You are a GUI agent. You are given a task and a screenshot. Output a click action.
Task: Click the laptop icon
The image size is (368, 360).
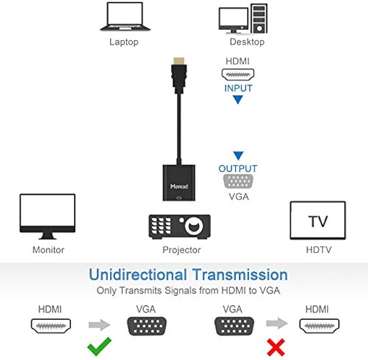click(124, 18)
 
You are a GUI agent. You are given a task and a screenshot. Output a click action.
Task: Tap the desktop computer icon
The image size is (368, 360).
click(243, 19)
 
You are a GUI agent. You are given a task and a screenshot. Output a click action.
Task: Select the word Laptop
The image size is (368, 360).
click(124, 42)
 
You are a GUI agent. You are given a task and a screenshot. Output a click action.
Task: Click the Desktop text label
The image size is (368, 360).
click(247, 42)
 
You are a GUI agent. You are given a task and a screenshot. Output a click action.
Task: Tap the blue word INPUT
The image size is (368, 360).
click(238, 88)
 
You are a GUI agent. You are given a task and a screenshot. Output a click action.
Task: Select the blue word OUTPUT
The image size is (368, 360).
click(238, 169)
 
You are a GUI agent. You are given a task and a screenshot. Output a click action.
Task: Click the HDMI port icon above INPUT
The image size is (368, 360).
click(237, 74)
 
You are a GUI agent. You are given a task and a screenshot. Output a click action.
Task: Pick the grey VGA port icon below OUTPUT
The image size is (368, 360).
click(238, 182)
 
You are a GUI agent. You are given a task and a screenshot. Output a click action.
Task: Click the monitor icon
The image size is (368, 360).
click(47, 216)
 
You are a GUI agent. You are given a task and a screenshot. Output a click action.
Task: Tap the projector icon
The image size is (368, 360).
click(179, 226)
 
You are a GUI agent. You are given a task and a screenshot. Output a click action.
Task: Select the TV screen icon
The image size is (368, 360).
click(318, 221)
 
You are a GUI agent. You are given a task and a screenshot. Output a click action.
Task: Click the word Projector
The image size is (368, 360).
click(182, 250)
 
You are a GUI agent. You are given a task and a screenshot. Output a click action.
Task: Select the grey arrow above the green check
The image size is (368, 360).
click(99, 325)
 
